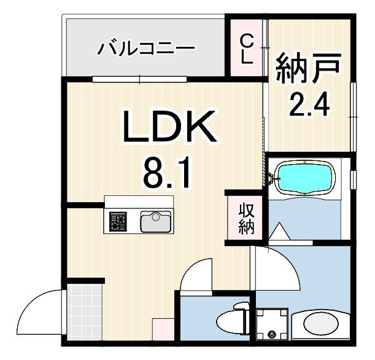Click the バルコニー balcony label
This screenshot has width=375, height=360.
click(145, 47)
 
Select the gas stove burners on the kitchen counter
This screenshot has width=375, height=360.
click(117, 222)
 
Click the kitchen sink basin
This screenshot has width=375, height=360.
click(156, 221)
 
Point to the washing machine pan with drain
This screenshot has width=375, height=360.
click(271, 324)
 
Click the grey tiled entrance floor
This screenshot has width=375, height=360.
click(83, 311)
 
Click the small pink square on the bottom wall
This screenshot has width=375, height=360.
click(163, 329)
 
